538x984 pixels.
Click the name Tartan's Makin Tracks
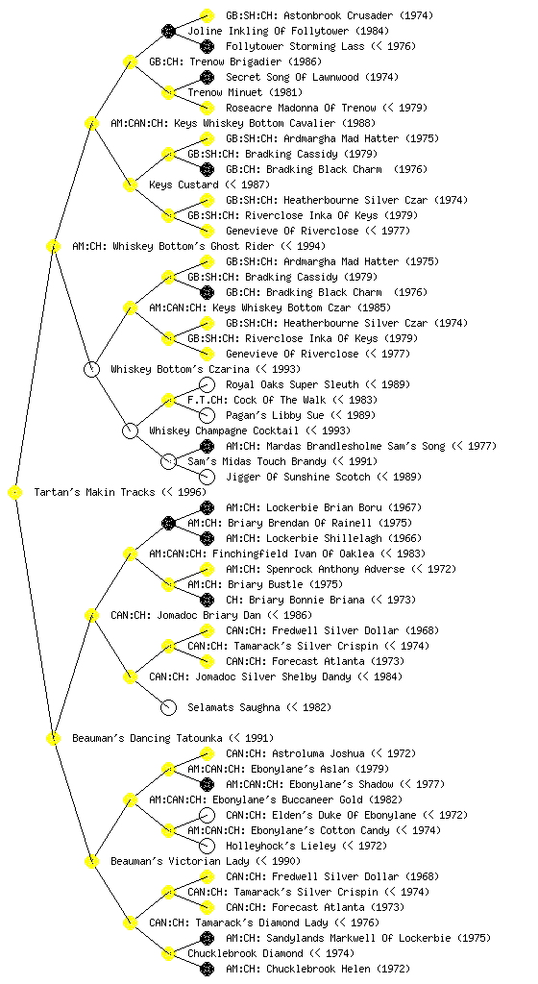pyautogui.click(x=94, y=492)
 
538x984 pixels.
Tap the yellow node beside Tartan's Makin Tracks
pyautogui.click(x=15, y=493)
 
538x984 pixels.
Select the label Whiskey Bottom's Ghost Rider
pyautogui.click(x=193, y=246)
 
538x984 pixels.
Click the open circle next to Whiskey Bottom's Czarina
pyautogui.click(x=91, y=369)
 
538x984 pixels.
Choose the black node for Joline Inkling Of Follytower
pyautogui.click(x=168, y=31)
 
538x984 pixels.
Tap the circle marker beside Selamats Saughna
pyautogui.click(x=168, y=707)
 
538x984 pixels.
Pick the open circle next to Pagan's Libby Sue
pyautogui.click(x=207, y=415)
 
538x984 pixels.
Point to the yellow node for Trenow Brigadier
pyautogui.click(x=130, y=61)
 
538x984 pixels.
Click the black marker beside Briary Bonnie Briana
pyautogui.click(x=207, y=600)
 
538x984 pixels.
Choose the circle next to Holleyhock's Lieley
pyautogui.click(x=207, y=846)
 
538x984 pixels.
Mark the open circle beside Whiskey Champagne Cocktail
pyautogui.click(x=130, y=430)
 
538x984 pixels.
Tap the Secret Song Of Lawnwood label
pyautogui.click(x=292, y=77)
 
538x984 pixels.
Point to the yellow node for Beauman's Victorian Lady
pyautogui.click(x=91, y=861)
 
